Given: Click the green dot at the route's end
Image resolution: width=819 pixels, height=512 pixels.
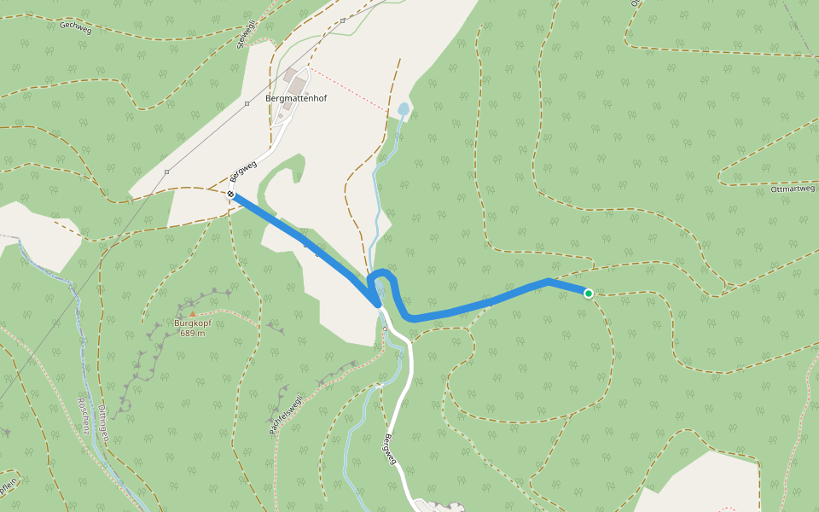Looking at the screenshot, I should pos(588,294).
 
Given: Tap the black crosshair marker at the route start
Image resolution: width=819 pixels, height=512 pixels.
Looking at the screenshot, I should pos(231,195).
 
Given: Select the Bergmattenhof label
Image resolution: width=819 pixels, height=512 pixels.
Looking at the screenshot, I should pos(296,98).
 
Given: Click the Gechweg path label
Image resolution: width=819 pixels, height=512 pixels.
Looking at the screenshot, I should pos(75,26).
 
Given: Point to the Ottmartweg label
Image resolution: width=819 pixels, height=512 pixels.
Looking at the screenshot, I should pos(793,189).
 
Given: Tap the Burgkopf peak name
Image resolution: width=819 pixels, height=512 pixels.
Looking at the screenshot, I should pos(192,323).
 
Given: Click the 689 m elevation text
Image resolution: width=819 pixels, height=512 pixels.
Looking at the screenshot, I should pos(193,334).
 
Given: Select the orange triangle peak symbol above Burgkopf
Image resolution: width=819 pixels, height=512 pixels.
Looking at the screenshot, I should pos(193,314).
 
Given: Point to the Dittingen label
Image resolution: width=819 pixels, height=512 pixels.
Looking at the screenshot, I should pos(103,422).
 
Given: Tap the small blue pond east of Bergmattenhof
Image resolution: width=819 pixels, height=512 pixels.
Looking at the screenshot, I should pos(403,109).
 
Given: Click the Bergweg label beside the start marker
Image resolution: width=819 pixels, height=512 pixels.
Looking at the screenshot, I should pos(244,171).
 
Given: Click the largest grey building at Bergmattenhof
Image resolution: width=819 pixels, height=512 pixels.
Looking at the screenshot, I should pos(296,86).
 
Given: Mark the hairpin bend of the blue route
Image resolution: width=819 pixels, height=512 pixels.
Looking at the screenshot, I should pos(381,275).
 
